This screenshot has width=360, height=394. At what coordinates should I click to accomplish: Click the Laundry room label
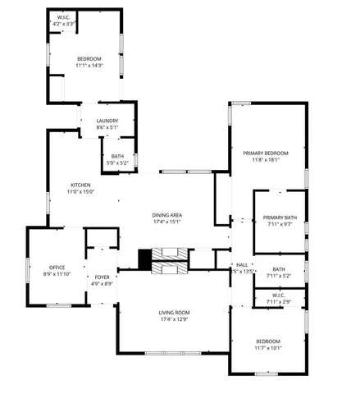(107, 121)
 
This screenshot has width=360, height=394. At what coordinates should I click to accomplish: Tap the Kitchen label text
(80, 185)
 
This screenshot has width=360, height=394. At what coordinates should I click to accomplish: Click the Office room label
(57, 267)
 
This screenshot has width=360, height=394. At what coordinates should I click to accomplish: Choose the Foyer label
(102, 277)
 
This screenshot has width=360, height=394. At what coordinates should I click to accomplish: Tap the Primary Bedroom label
(266, 153)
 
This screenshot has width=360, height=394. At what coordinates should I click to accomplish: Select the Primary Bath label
(278, 218)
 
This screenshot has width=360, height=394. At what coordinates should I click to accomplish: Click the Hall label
(242, 264)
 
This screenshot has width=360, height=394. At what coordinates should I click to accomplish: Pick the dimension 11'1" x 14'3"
(89, 66)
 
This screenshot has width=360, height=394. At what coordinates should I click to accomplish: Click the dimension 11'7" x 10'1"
(267, 348)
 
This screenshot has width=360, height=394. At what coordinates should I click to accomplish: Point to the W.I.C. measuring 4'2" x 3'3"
(64, 25)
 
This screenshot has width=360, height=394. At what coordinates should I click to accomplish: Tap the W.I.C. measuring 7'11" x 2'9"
(279, 302)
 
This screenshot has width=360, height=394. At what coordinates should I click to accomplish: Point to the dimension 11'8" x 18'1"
(266, 160)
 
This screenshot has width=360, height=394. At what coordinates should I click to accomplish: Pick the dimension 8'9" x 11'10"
(57, 273)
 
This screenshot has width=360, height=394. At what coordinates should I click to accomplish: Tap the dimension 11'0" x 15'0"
(80, 191)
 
